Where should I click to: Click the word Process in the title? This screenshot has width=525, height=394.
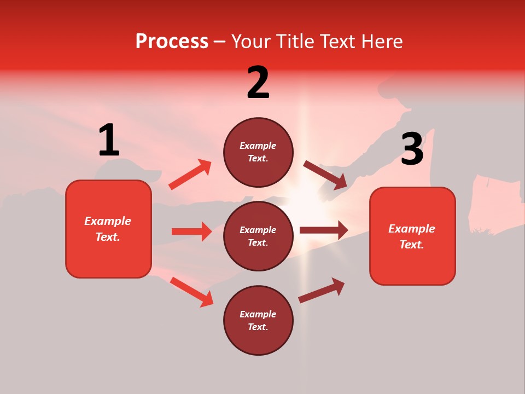coord(172,42)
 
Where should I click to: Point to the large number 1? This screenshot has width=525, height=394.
coord(109,141)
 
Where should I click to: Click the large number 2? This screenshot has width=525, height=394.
coord(258,83)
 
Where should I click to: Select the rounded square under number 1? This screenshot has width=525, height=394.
coord(108,229)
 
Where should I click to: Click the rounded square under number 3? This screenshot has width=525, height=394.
coord(412,236)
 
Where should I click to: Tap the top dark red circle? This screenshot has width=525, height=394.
coord(258,152)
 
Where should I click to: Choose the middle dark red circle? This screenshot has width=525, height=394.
coord(258,236)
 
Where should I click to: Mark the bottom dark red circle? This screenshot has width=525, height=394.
coord(258,320)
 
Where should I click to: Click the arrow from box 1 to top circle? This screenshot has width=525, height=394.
coord(190,175)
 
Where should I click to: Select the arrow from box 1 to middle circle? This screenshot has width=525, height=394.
coord(191,231)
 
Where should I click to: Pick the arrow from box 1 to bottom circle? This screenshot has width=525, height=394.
coord(191,291)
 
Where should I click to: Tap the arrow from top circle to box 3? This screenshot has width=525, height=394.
coord(325,175)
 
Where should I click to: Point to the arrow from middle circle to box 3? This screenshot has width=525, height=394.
coord(324,230)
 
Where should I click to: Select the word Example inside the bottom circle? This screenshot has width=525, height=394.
coord(258,314)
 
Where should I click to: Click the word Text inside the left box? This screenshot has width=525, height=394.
coord(108,237)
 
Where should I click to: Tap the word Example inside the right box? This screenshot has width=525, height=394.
coord(412,229)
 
